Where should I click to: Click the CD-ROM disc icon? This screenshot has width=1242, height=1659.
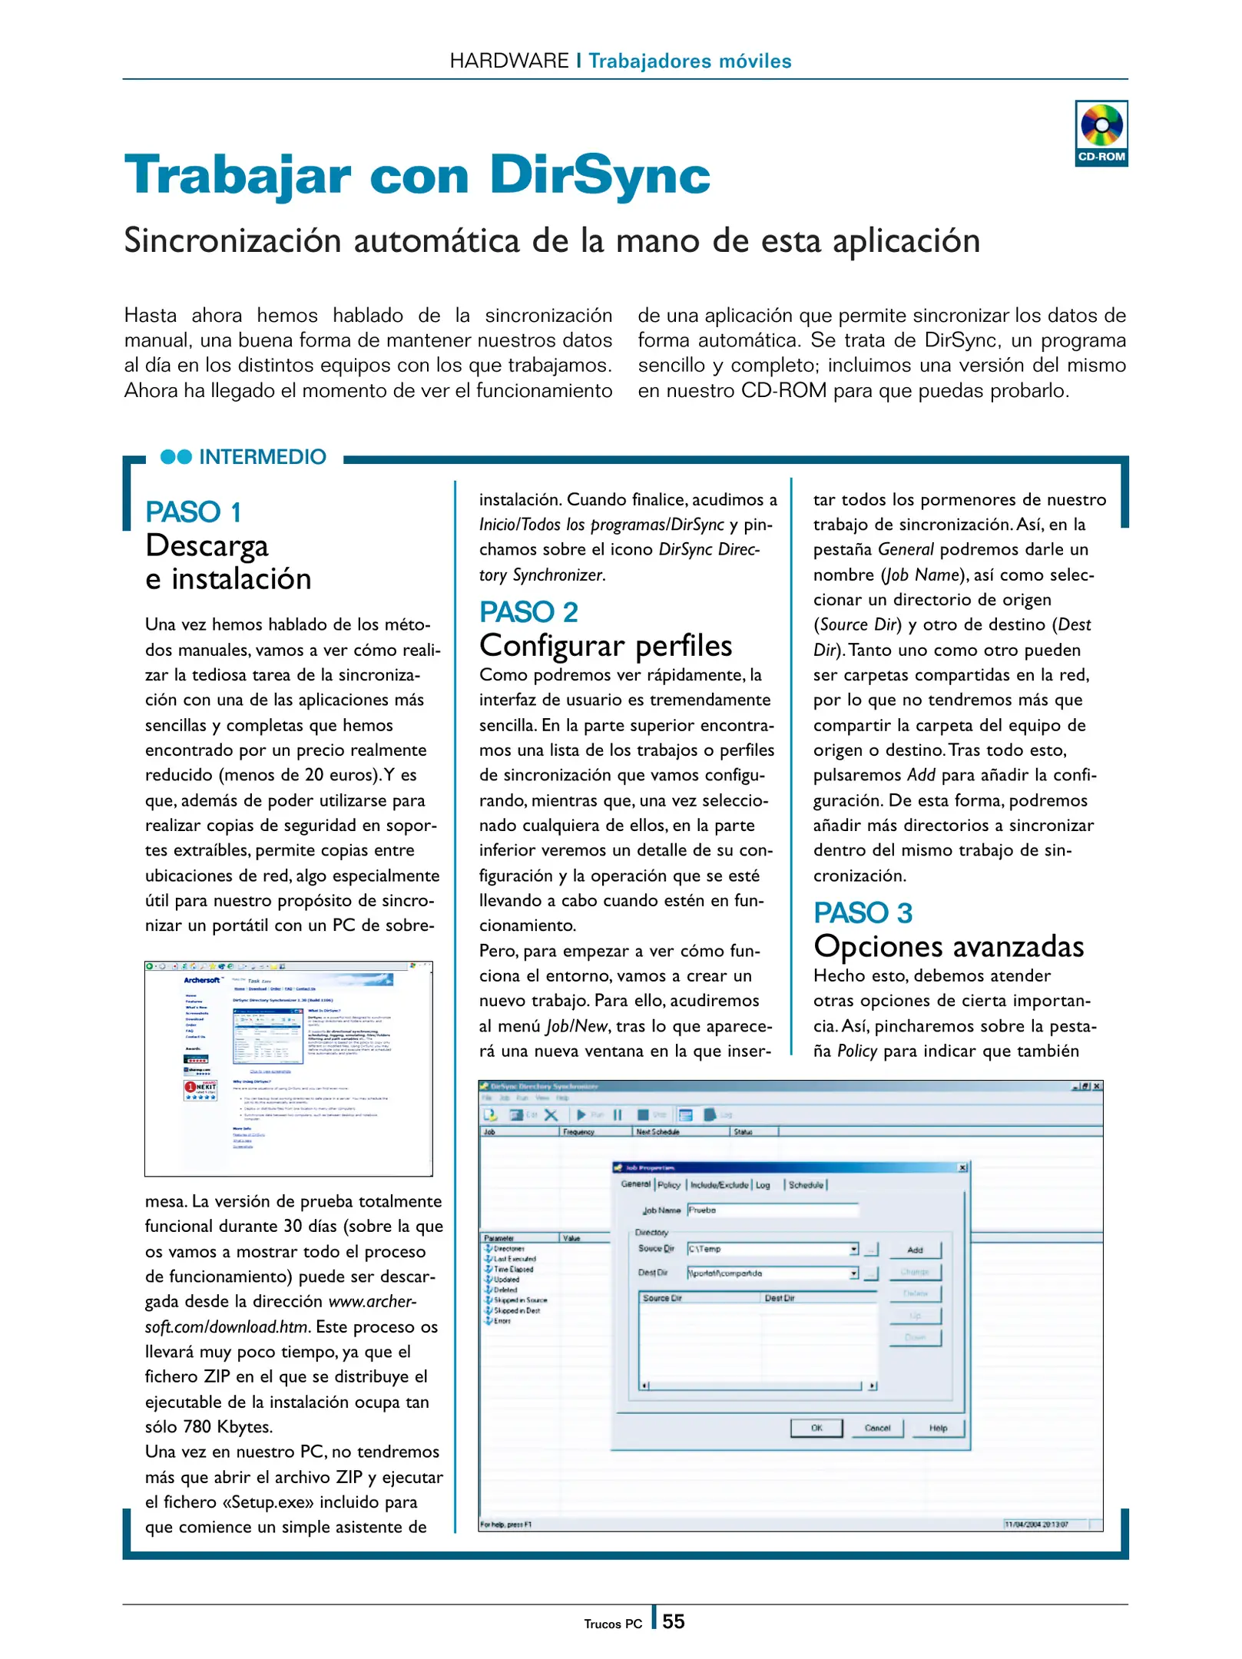[x=1101, y=125]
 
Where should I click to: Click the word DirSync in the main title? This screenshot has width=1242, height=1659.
[x=599, y=175]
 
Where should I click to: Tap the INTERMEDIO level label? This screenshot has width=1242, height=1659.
[x=262, y=457]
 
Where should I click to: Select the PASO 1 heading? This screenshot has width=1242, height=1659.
[x=194, y=512]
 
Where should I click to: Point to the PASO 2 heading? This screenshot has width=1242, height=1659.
[x=528, y=612]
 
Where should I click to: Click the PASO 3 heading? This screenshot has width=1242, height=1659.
[x=863, y=912]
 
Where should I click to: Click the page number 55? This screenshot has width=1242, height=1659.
[x=673, y=1621]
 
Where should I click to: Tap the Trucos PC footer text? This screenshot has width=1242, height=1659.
[x=612, y=1624]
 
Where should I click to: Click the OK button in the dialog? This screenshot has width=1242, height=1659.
[x=816, y=1428]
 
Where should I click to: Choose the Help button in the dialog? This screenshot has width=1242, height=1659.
[x=937, y=1428]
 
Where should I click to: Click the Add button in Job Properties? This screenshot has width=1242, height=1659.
[x=914, y=1250]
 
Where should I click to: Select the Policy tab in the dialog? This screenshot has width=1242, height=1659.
[x=668, y=1184]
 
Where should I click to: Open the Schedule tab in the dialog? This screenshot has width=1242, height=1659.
[x=805, y=1184]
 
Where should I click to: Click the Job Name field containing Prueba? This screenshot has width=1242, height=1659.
[x=772, y=1210]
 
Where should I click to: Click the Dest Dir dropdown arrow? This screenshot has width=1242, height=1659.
[x=853, y=1273]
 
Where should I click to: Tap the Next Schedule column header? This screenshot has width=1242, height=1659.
[x=657, y=1131]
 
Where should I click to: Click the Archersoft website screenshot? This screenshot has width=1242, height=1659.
[x=288, y=1068]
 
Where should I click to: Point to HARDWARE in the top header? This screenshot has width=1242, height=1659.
[x=509, y=61]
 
